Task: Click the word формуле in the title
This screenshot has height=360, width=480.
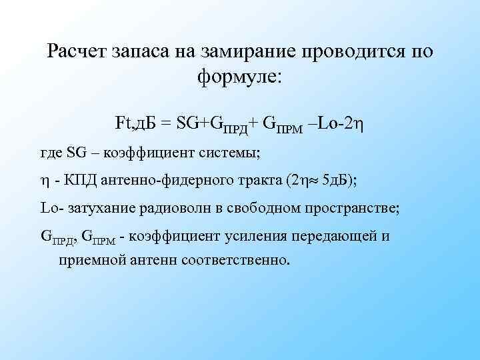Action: click(x=239, y=77)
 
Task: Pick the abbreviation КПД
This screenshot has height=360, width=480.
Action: click(x=79, y=180)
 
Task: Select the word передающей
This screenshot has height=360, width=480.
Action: click(x=328, y=236)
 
